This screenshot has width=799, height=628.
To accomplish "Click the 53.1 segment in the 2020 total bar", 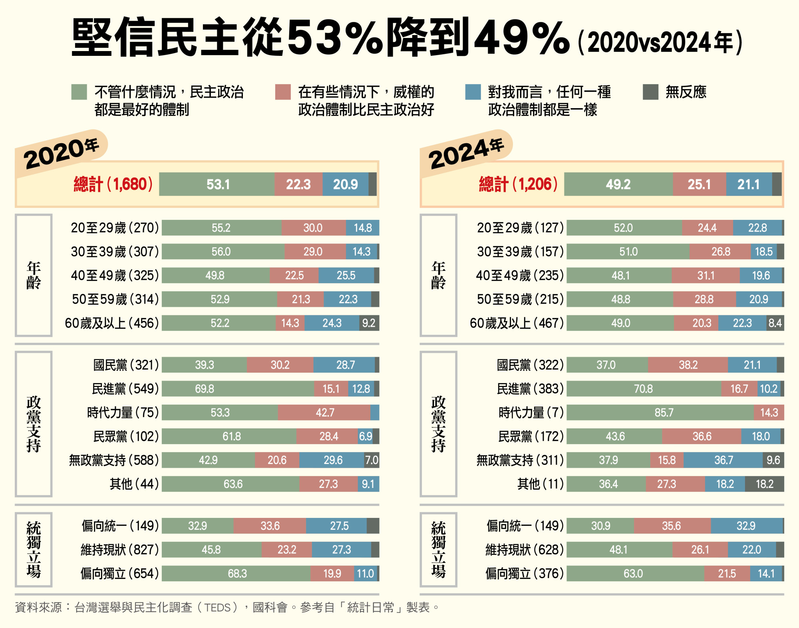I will pos(217,184).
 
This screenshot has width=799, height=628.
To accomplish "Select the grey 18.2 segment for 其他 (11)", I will pos(764,484).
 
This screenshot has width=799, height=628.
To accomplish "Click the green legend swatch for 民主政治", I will pos(79,92).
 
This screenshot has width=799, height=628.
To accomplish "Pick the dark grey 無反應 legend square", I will pos(650,92).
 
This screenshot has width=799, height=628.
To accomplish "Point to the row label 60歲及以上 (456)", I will pos(112,323).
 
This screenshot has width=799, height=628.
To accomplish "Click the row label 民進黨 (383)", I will pos(530,389).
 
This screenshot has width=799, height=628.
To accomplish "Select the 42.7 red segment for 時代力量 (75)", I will pos(324,413).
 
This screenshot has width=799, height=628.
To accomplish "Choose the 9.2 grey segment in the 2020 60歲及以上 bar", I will pos(369,323).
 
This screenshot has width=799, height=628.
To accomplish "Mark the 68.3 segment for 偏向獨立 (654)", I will pos(237,574).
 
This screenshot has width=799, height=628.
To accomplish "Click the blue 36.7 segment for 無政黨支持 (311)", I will pos(723,460).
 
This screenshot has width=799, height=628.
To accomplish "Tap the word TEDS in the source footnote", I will pos(218,608).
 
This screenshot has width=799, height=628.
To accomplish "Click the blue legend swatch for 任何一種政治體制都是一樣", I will pos(473,92).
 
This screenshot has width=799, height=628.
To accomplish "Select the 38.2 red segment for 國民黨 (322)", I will pos(688,365).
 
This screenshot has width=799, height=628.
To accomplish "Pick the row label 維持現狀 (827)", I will pos(119,550).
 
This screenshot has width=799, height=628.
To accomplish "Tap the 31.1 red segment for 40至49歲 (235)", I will pos(706,276).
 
